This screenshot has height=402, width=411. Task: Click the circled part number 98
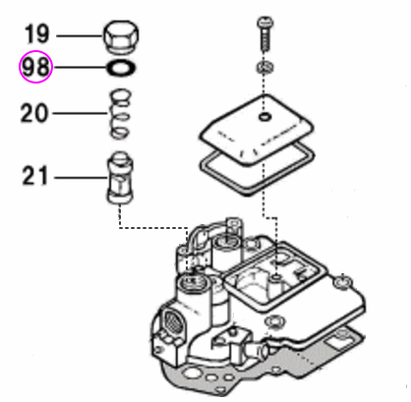36,69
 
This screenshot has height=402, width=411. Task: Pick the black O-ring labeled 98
119,70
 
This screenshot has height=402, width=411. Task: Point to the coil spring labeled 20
119,114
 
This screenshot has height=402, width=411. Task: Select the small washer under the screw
264,67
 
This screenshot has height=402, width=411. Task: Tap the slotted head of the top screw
264,21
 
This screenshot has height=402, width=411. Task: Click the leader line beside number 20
79,113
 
